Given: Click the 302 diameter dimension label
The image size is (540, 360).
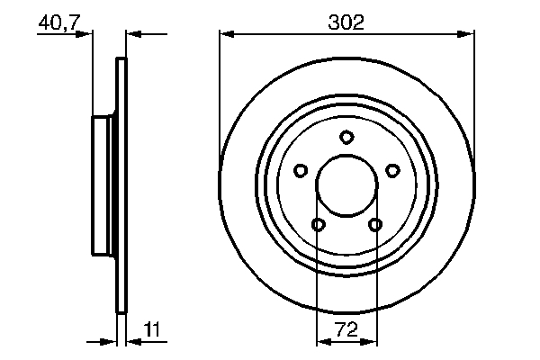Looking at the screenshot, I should [x=346, y=22].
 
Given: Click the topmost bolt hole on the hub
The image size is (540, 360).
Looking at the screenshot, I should [x=346, y=137].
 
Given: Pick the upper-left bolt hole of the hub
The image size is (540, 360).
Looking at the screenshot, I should [x=301, y=169].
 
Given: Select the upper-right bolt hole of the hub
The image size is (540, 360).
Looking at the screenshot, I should [x=392, y=169].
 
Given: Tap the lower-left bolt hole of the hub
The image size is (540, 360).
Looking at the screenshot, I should [x=318, y=224].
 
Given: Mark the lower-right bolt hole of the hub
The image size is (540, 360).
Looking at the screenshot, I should [x=375, y=224].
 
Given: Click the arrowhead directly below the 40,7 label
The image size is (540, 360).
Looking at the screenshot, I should [x=86, y=35].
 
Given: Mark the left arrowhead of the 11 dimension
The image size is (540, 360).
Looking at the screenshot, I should [x=112, y=343].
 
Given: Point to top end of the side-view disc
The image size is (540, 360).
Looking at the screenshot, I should [x=121, y=61].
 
